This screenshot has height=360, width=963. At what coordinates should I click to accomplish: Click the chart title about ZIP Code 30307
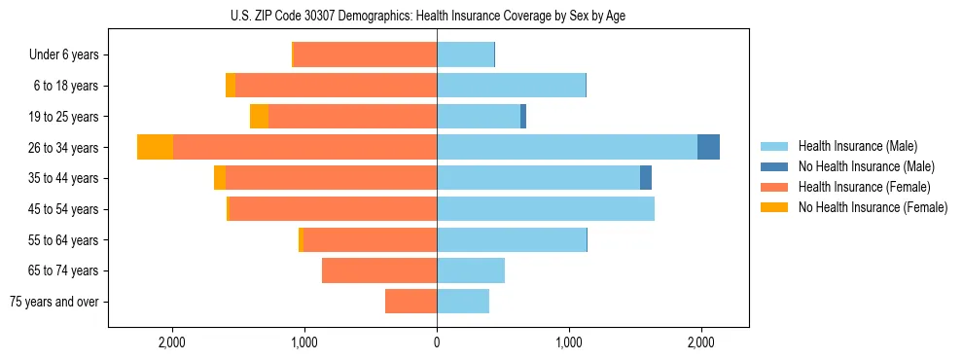[x=428, y=16]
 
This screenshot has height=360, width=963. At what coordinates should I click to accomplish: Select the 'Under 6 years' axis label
[x=64, y=55]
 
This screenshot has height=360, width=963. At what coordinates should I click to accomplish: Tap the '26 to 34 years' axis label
[x=64, y=148]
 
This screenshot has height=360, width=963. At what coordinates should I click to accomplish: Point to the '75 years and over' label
[x=54, y=302]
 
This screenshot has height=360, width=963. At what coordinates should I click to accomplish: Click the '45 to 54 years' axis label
[x=64, y=209]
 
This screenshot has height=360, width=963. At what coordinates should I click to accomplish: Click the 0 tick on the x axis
[x=437, y=342]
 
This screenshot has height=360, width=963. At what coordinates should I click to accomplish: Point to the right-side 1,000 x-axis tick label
[x=569, y=342]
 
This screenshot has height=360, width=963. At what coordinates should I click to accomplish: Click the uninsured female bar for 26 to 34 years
[x=155, y=147]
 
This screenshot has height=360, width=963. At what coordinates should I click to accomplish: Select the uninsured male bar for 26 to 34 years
[x=708, y=147]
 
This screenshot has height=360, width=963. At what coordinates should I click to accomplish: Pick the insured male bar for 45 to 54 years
[x=546, y=208]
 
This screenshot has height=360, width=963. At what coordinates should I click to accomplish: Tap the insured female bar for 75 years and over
[x=410, y=301]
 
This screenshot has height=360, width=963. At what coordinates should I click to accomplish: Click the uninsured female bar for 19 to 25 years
[x=259, y=117]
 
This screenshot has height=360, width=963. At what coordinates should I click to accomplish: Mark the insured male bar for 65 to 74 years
[x=471, y=270]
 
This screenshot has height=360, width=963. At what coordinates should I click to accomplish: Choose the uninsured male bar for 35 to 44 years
[x=646, y=178]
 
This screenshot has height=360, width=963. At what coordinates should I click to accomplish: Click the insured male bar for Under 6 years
[x=465, y=55]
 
